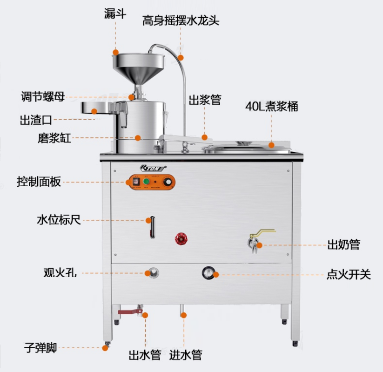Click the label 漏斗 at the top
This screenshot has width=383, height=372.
point(116,13)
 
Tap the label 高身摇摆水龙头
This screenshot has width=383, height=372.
point(181,20)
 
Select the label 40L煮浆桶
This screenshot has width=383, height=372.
point(272,107)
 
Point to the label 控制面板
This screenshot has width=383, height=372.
point(39,182)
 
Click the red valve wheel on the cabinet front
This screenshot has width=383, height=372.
point(180,239)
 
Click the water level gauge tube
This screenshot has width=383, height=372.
point(151,227)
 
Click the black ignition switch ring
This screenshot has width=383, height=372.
point(208,272)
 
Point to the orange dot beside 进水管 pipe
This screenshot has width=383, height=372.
point(184,315)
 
